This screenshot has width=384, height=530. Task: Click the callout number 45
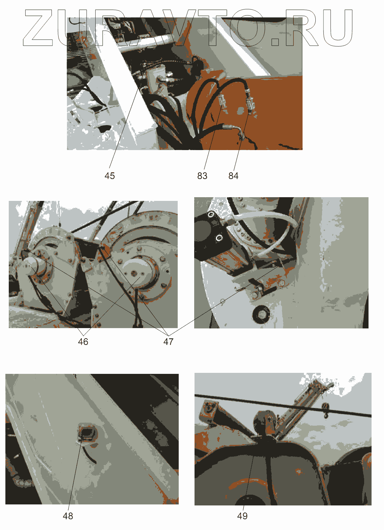(109, 176)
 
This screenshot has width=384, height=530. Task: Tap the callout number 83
(202, 176)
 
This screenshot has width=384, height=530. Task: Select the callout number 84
(233, 176)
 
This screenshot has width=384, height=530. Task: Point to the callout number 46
(83, 342)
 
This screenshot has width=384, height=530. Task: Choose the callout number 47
(169, 342)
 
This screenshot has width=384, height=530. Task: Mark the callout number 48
(68, 516)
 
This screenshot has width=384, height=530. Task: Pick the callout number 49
(242, 516)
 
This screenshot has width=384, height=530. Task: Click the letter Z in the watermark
(38, 28)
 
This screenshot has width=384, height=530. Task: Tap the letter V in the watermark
(182, 28)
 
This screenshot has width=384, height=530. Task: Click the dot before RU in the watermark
(275, 41)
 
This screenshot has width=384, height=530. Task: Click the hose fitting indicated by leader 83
(222, 101)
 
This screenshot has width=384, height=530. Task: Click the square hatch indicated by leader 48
(87, 433)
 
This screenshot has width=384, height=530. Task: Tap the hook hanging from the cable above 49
(325, 411)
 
